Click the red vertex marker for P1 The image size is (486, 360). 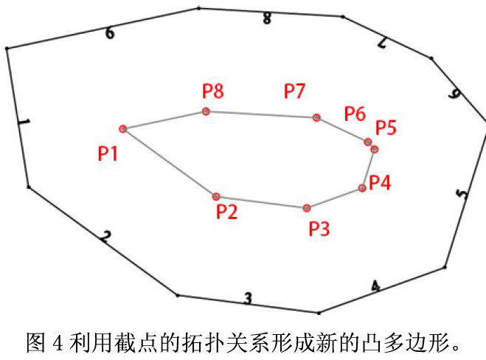(123, 129)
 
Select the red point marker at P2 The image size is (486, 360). (216, 196)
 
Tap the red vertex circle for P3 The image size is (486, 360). (306, 208)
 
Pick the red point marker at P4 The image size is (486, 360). (362, 188)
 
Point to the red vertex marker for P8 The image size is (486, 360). (206, 111)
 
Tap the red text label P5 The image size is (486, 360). (386, 127)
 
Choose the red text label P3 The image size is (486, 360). (319, 228)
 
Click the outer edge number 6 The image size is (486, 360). (109, 33)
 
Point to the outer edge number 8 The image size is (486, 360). (266, 19)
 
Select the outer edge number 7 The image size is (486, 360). (382, 44)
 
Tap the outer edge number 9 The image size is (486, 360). (455, 94)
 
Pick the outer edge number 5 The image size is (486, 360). (462, 194)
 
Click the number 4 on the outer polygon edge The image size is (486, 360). (375, 286)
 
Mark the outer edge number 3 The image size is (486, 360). (248, 298)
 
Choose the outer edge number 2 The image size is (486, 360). (106, 237)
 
